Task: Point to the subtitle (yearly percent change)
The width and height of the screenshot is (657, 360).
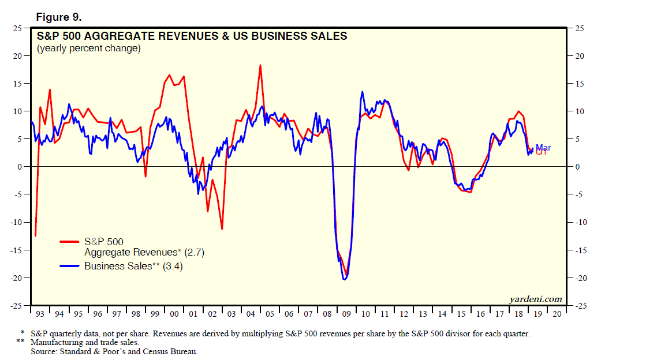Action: [88, 48]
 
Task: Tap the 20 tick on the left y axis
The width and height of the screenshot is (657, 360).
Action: [18, 56]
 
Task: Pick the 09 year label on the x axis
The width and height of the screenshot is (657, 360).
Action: [346, 314]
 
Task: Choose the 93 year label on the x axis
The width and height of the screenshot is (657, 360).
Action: [40, 314]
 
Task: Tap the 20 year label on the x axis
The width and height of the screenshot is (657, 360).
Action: [557, 314]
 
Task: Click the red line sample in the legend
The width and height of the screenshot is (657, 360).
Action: [70, 242]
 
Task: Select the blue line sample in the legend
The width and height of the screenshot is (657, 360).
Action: [70, 267]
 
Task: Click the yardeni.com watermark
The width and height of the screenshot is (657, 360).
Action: [536, 298]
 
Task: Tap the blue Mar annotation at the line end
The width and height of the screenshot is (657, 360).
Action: [543, 148]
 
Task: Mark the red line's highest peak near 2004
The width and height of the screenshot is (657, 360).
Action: [260, 65]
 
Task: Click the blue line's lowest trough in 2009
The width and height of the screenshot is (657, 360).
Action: [344, 279]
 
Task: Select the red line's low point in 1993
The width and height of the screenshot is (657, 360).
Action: [35, 235]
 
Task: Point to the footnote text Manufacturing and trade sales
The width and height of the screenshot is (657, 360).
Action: [85, 342]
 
